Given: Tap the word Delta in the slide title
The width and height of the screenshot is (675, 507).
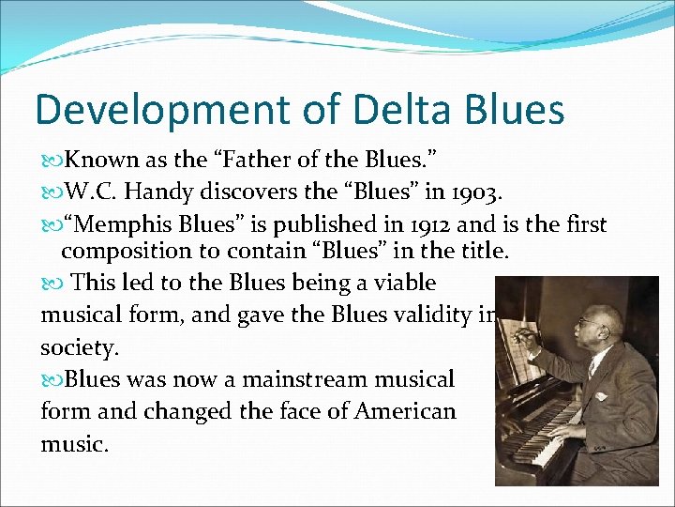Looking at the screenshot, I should tap(385, 109).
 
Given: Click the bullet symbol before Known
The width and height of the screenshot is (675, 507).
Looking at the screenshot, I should tap(52, 161).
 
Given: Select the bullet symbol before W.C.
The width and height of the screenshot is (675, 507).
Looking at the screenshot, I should tap(52, 193).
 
